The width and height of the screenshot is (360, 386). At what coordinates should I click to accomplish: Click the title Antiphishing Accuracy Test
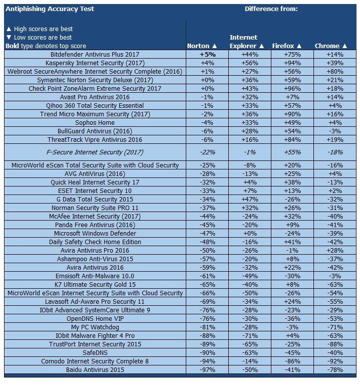pyautogui.click(x=50, y=9)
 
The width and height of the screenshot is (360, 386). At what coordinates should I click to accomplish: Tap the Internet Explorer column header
pyautogui.click(x=243, y=41)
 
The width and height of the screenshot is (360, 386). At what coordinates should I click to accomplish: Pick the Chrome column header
pyautogui.click(x=330, y=46)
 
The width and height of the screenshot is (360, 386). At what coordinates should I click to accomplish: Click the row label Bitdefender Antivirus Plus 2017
pyautogui.click(x=95, y=54)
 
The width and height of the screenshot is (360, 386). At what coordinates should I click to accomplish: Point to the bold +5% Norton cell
pyautogui.click(x=207, y=54)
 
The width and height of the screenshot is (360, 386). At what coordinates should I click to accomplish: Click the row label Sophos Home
pyautogui.click(x=95, y=122)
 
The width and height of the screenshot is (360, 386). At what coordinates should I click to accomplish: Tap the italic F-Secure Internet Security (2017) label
pyautogui.click(x=95, y=152)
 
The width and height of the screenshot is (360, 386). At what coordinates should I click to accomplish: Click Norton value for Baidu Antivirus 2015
pyautogui.click(x=207, y=369)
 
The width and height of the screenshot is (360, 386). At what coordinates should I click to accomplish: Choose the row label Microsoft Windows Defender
pyautogui.click(x=95, y=233)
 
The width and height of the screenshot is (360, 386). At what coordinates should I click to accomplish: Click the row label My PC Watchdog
pyautogui.click(x=95, y=327)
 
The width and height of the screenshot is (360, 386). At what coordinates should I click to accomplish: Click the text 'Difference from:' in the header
pyautogui.click(x=271, y=9)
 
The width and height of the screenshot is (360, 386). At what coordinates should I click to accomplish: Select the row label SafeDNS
pyautogui.click(x=95, y=352)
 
